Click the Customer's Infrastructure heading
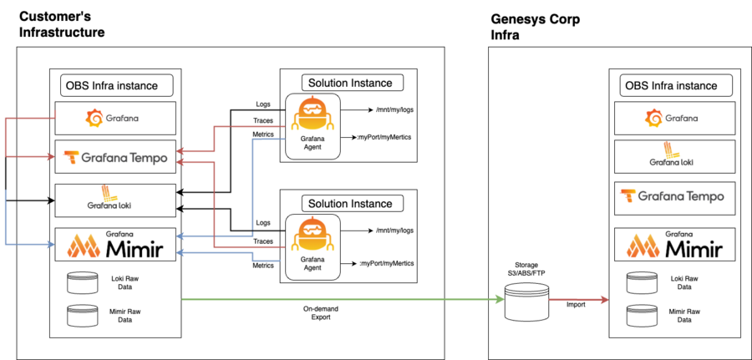pos(62,24)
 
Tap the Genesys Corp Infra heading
pos(536,27)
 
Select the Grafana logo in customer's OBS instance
pos(112,118)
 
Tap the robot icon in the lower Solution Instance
pos(312,238)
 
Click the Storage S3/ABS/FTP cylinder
pos(526,301)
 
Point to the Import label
pos(576,304)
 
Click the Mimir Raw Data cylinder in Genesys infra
pos(642,317)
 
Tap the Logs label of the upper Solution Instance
pos(263,104)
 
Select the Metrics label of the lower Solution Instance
pos(263,264)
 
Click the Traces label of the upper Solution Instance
pos(263,120)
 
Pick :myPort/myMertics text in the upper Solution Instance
pos(384,138)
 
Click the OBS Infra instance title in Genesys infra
pos(671,86)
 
